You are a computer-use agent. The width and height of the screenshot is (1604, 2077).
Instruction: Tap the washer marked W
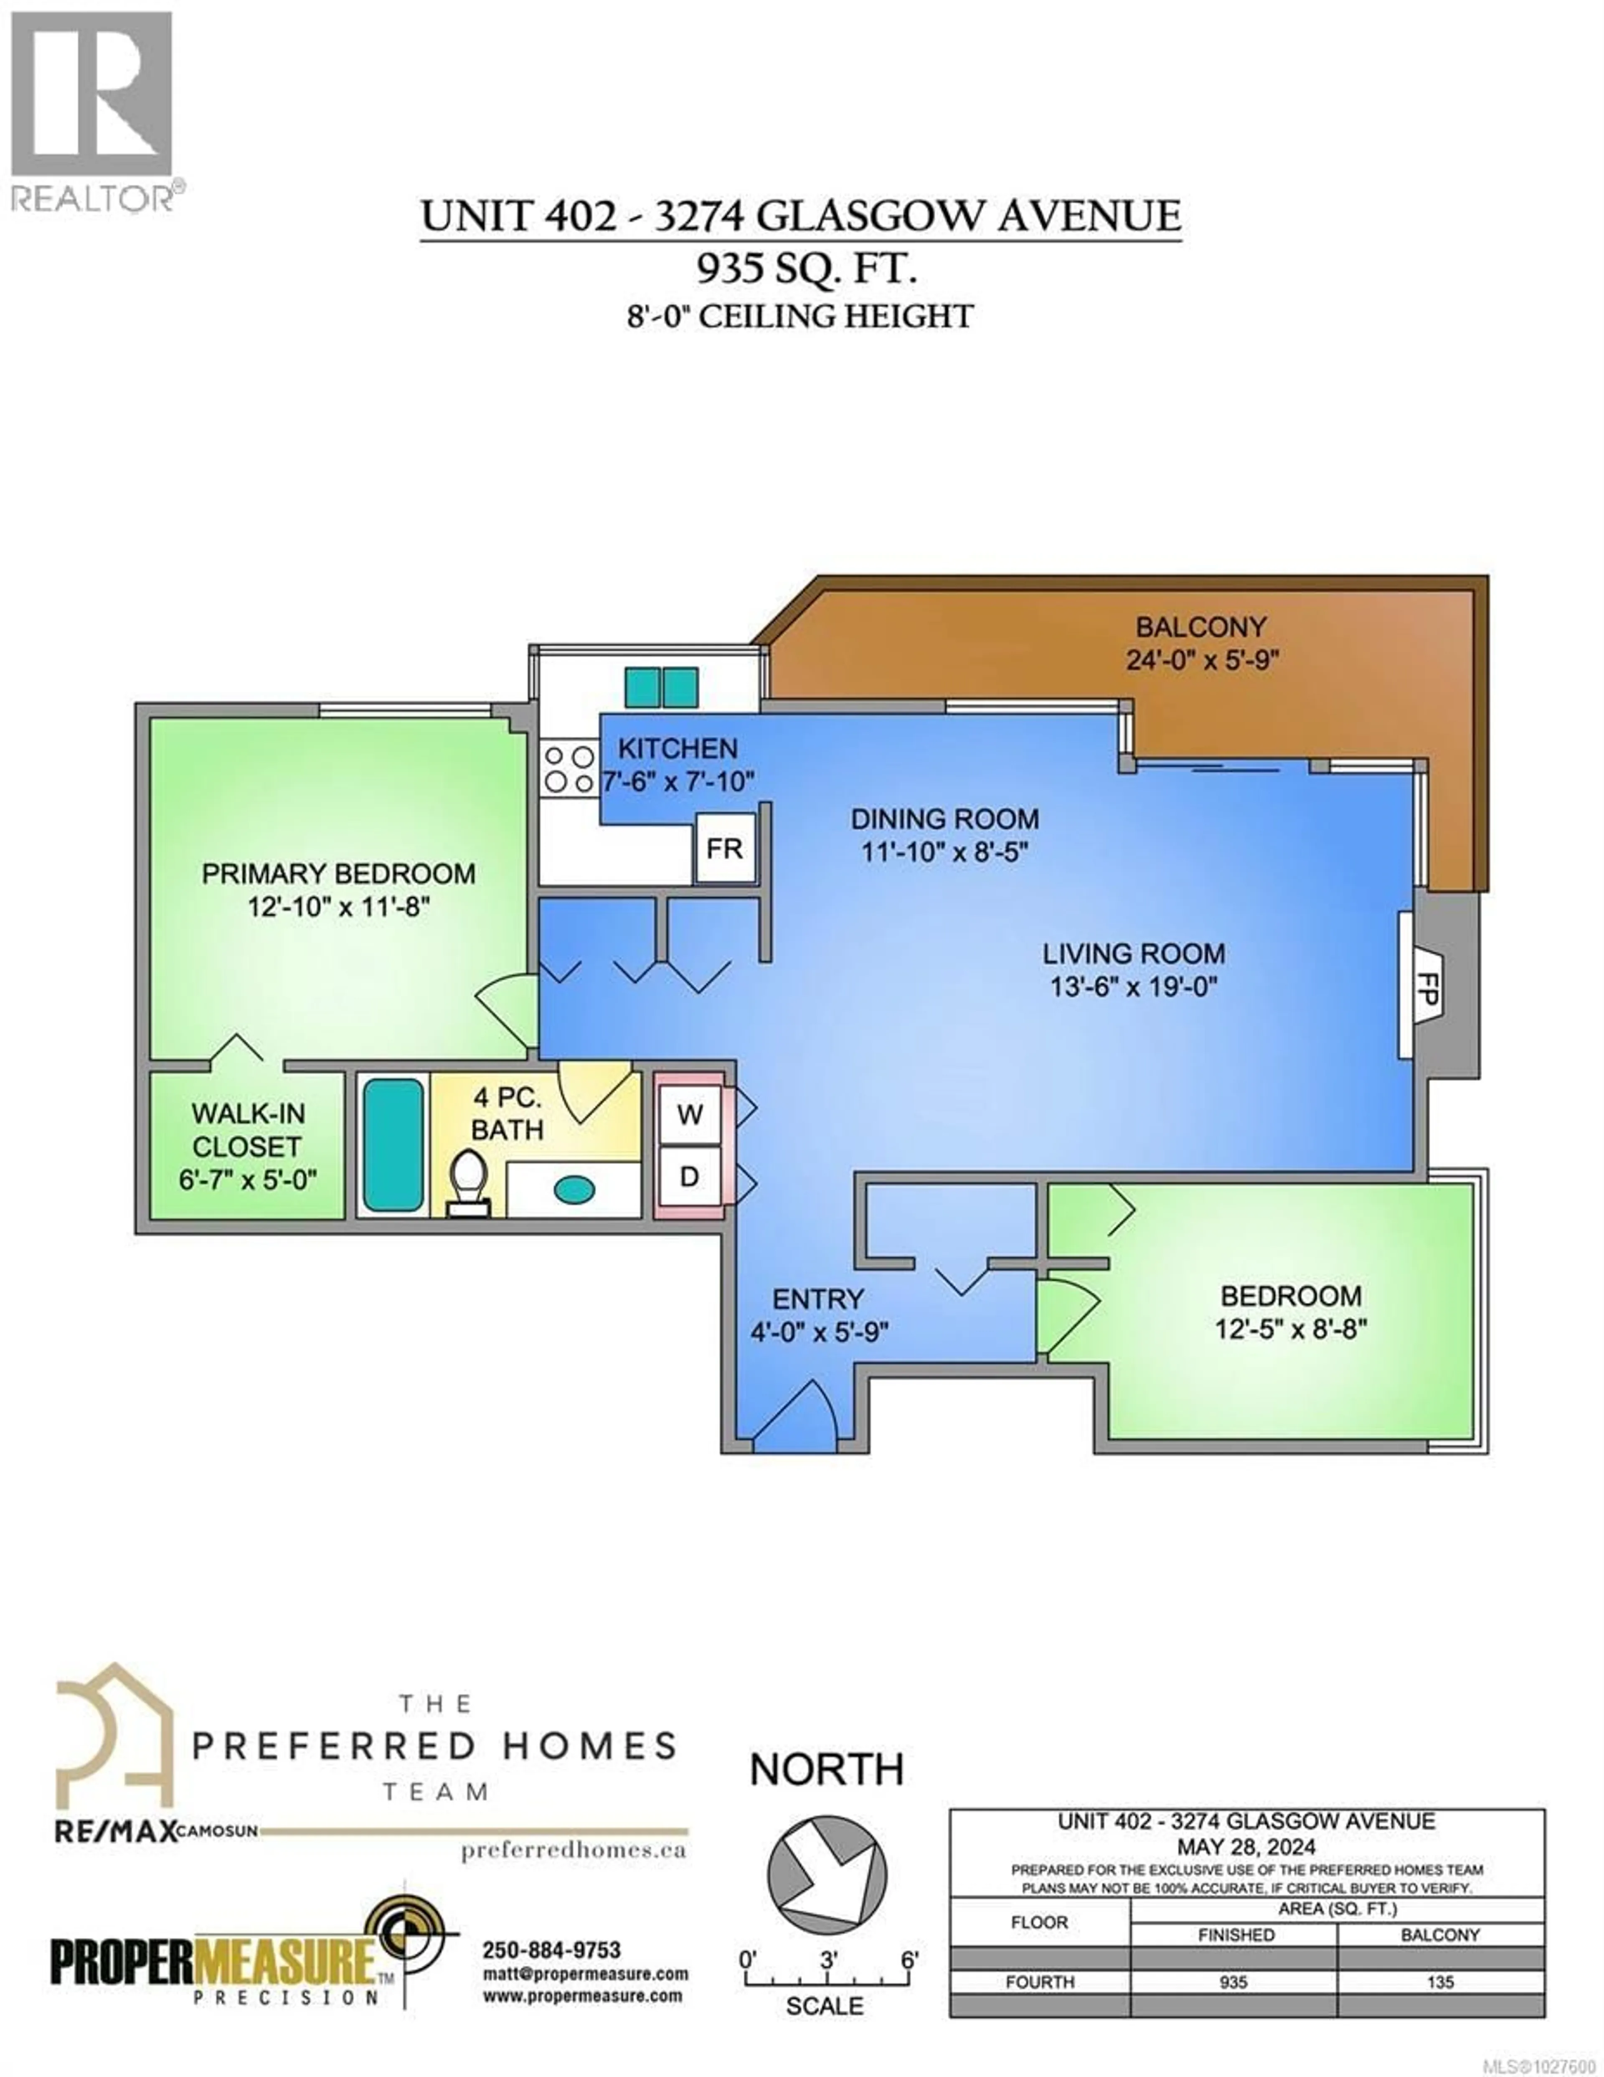689,1115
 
